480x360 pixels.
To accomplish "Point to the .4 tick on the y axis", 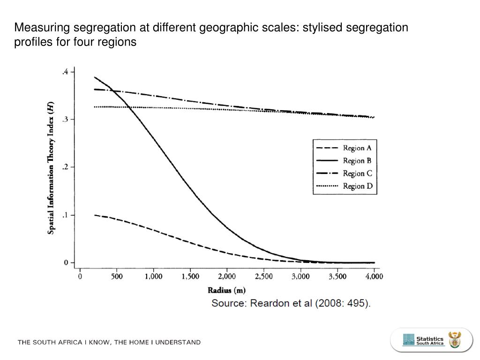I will click(66, 72).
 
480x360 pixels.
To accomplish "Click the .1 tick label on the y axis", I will click(66, 215).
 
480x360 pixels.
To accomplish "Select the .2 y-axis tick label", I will click(66, 167).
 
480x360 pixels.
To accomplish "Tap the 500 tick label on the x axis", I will click(117, 277).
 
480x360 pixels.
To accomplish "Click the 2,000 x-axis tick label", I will click(227, 277).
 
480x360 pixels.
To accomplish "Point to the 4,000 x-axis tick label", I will click(374, 277).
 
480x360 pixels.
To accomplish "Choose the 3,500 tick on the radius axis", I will click(337, 277).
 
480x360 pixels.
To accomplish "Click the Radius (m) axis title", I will click(227, 290).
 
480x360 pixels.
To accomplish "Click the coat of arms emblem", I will click(455, 340).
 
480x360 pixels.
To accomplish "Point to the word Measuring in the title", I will click(41, 28).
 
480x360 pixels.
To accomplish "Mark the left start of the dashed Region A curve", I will click(95, 215).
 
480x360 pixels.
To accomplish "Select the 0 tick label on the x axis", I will click(80, 277).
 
